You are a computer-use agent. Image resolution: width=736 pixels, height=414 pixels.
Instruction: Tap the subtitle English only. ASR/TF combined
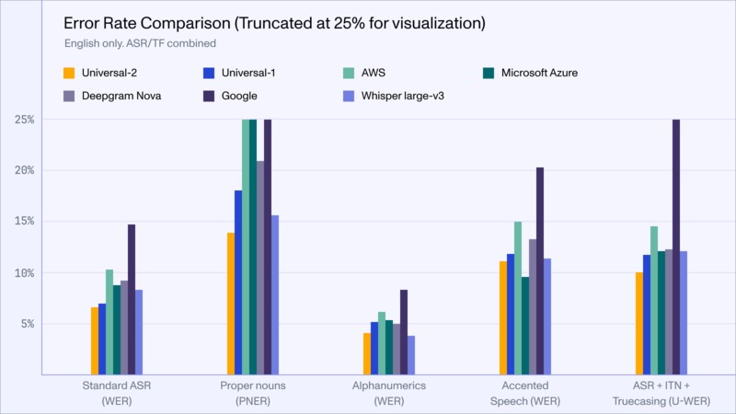[x=140, y=43]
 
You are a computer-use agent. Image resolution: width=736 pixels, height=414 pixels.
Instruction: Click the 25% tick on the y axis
[x=25, y=120]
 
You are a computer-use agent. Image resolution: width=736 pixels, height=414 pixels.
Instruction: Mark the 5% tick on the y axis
[x=28, y=324]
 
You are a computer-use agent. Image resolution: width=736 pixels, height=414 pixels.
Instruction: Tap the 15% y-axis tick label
[x=25, y=222]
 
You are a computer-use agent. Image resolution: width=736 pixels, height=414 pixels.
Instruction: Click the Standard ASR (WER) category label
[x=116, y=393]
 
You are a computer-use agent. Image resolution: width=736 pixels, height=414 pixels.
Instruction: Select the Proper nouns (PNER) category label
[x=252, y=393]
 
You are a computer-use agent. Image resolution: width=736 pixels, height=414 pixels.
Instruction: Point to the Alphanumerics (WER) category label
[x=388, y=393]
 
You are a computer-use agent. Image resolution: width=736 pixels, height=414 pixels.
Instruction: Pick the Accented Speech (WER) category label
[x=524, y=393]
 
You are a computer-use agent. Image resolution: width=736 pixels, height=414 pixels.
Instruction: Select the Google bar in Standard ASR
[x=132, y=299]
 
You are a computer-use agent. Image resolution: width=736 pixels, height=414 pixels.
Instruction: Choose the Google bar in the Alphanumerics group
[x=404, y=332]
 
